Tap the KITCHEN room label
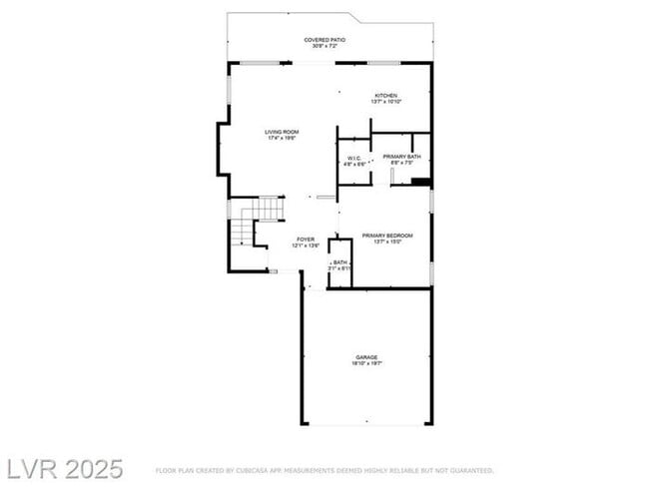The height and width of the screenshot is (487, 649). (385, 96)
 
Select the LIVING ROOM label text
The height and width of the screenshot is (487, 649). (282, 132)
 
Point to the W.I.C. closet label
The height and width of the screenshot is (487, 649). (353, 158)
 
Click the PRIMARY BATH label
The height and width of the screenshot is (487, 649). (401, 157)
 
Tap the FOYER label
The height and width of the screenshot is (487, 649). (305, 240)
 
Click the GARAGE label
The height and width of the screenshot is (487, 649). (366, 356)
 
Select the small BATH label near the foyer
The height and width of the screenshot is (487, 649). (340, 262)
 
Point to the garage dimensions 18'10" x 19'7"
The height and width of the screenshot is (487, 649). (366, 363)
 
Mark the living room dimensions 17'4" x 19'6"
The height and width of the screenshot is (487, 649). (282, 139)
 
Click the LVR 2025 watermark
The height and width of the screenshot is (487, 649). (64, 468)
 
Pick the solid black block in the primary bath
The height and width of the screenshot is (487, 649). (420, 182)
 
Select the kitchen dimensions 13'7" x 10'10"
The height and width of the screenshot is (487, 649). (385, 103)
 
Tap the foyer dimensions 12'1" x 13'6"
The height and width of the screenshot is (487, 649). (305, 246)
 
